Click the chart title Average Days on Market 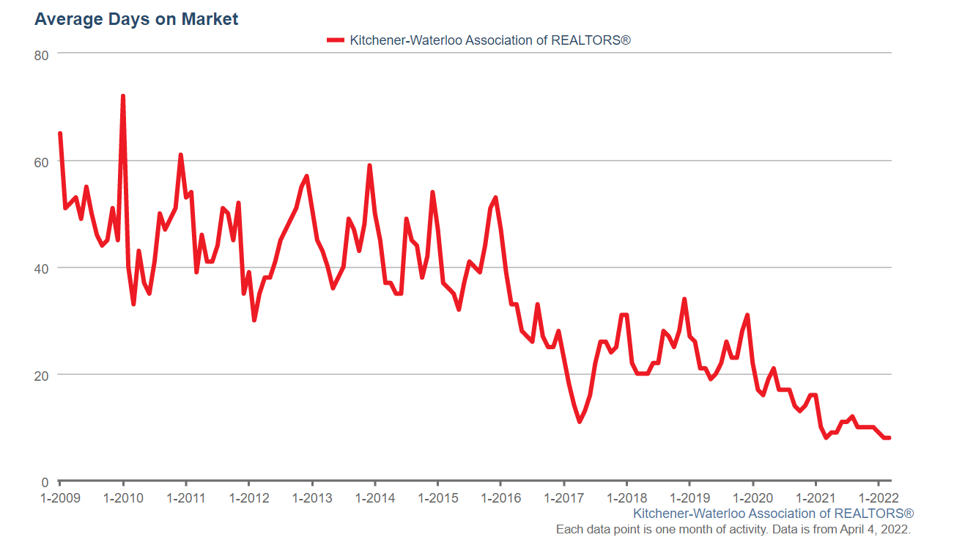click(x=136, y=20)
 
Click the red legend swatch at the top click(x=336, y=40)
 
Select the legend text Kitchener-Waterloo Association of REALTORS click(x=489, y=40)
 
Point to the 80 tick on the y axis click(x=42, y=54)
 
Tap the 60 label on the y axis click(x=42, y=161)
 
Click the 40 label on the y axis click(x=42, y=268)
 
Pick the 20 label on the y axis click(x=42, y=375)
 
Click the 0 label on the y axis click(x=45, y=482)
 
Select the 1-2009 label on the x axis click(x=60, y=498)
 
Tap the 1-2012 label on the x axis click(x=249, y=498)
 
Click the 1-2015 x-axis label click(x=437, y=498)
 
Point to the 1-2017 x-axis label click(x=563, y=498)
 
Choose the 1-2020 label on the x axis click(x=753, y=498)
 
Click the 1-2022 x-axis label click(x=879, y=498)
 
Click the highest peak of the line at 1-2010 click(x=123, y=96)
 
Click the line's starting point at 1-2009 click(x=60, y=134)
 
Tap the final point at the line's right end click(x=889, y=438)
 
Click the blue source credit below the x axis click(x=773, y=514)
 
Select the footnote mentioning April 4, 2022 click(x=733, y=529)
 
